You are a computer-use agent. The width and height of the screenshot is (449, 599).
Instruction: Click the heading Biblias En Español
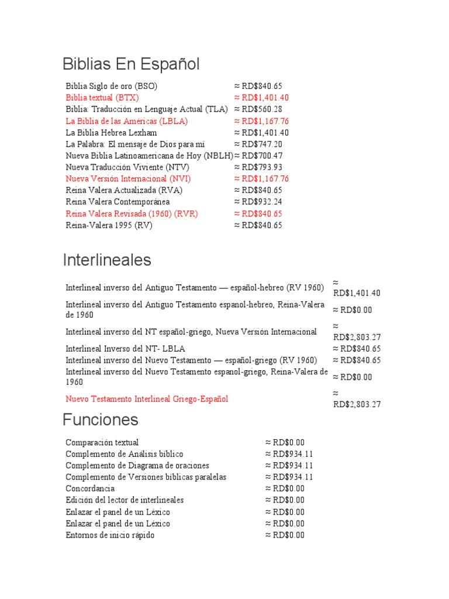click(131, 64)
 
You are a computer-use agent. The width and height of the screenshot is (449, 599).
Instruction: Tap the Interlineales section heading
click(107, 260)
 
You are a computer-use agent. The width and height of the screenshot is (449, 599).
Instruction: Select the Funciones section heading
click(101, 419)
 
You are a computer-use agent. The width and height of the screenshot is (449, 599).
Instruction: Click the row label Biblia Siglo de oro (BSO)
click(112, 86)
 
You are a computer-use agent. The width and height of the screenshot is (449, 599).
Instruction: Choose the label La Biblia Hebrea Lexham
click(112, 133)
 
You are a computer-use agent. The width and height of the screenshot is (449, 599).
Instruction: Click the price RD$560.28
click(258, 109)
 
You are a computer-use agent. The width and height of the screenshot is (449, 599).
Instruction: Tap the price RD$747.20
click(258, 144)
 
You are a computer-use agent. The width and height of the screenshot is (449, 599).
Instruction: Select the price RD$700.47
click(258, 156)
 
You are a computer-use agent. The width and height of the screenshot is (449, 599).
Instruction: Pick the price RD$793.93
click(258, 167)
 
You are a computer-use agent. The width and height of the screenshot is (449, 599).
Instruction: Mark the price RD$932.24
click(258, 202)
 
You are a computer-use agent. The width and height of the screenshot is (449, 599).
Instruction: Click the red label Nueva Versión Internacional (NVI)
click(128, 179)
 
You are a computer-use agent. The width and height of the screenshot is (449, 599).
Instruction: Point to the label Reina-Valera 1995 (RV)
click(109, 225)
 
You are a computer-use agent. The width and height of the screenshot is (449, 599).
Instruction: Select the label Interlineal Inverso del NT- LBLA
click(126, 349)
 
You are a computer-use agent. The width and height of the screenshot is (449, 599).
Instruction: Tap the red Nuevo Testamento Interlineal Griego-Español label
click(147, 399)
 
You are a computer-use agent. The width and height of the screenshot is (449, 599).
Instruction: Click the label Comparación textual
click(102, 442)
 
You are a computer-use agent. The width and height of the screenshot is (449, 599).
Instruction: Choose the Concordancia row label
click(90, 488)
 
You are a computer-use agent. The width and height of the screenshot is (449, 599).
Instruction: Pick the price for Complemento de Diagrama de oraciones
click(289, 466)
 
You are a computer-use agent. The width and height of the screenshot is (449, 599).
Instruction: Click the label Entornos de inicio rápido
click(110, 535)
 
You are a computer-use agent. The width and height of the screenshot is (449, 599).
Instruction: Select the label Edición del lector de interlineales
click(125, 500)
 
